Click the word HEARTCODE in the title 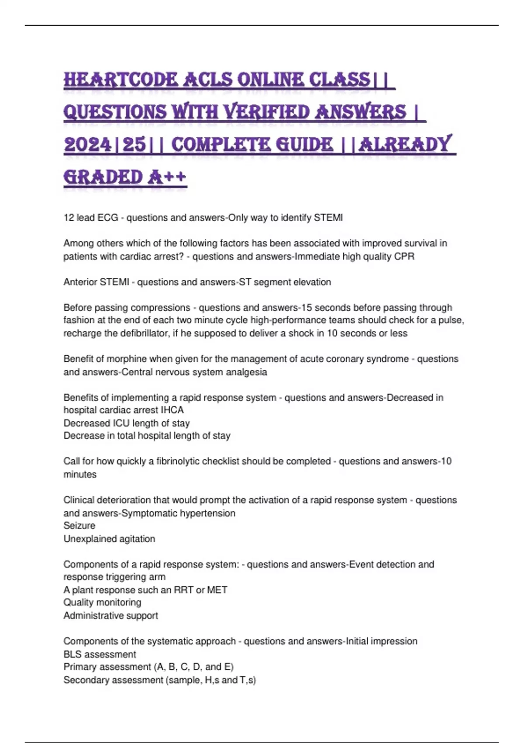click(121, 80)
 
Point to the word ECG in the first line click(108, 218)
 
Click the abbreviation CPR click(404, 257)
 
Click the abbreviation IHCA click(172, 410)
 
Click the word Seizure click(79, 526)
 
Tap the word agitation click(133, 539)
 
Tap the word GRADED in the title click(103, 177)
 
